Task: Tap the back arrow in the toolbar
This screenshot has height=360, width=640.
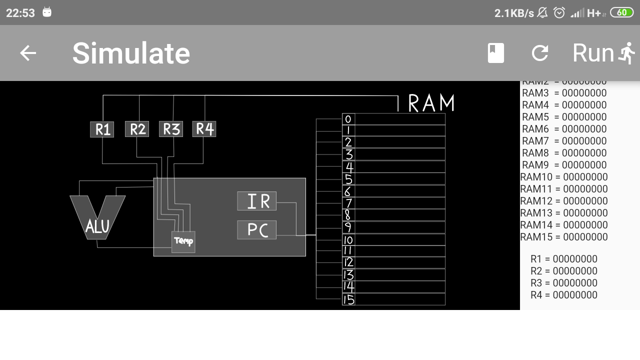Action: pyautogui.click(x=28, y=53)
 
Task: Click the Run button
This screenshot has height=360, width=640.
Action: pyautogui.click(x=603, y=53)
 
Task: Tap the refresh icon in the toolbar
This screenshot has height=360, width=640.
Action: pyautogui.click(x=540, y=53)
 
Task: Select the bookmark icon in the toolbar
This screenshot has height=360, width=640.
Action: pyautogui.click(x=496, y=53)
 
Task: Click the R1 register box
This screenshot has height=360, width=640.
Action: pyautogui.click(x=102, y=129)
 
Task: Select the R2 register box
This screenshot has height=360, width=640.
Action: pyautogui.click(x=137, y=129)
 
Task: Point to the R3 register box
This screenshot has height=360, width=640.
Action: pyautogui.click(x=171, y=129)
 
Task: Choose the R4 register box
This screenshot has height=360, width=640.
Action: pyautogui.click(x=204, y=129)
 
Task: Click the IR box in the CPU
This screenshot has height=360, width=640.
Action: pyautogui.click(x=257, y=201)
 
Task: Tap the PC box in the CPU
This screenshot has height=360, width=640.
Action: pyautogui.click(x=257, y=230)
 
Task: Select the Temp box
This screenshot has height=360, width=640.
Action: pyautogui.click(x=183, y=242)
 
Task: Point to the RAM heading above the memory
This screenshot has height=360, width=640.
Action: pyautogui.click(x=431, y=103)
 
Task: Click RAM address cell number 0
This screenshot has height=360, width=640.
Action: pyautogui.click(x=348, y=119)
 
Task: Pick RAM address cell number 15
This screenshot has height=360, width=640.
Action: pyautogui.click(x=348, y=299)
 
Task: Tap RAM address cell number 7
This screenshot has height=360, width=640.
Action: pyautogui.click(x=348, y=203)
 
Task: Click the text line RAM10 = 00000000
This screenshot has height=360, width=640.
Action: pyautogui.click(x=564, y=177)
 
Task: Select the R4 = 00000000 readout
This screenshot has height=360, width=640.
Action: pyautogui.click(x=564, y=295)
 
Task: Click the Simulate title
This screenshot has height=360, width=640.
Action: pyautogui.click(x=131, y=53)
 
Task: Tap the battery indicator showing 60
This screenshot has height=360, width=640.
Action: pyautogui.click(x=621, y=12)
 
